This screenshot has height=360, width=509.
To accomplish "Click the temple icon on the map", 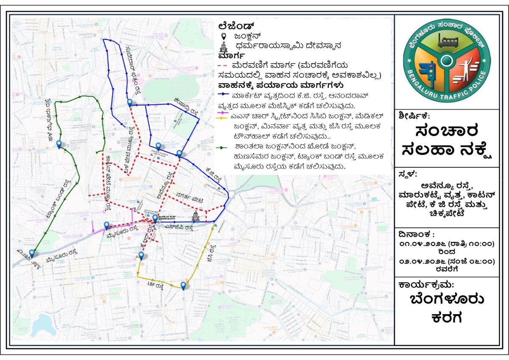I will click(195, 216).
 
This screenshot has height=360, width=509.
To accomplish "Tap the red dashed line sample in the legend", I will click(221, 66).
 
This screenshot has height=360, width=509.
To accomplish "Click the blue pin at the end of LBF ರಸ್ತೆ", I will click(183, 286).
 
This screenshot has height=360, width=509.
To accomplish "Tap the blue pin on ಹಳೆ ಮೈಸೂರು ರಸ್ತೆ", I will click(59, 145).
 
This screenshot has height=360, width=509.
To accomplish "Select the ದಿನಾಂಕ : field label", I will click(417, 234).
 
